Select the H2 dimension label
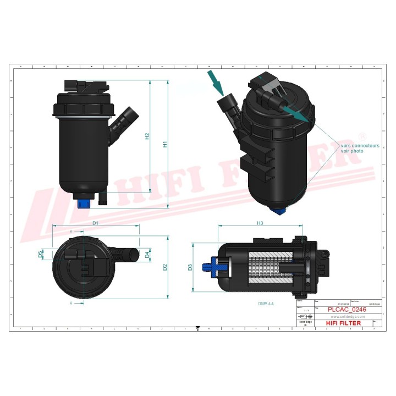pyautogui.click(x=147, y=136)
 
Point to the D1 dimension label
pyautogui.click(x=95, y=223)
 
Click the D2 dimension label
pyautogui.click(x=164, y=267)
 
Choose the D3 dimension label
pyautogui.click(x=190, y=267)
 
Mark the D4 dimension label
pyautogui.click(x=147, y=255)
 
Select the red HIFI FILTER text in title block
pyautogui.click(x=344, y=323)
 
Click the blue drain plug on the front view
pyautogui.click(x=84, y=203)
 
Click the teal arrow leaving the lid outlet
pyautogui.click(x=295, y=114)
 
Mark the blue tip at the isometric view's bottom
pyautogui.click(x=279, y=210)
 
